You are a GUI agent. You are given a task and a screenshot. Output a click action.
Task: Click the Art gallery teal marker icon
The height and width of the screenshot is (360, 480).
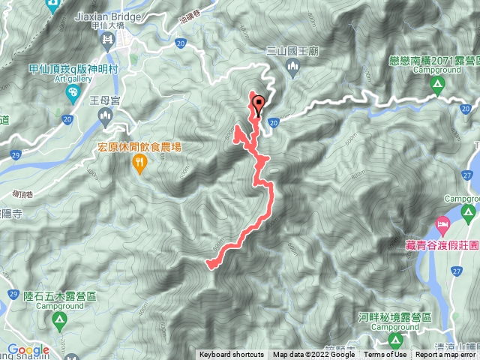pyautogui.click(x=72, y=94)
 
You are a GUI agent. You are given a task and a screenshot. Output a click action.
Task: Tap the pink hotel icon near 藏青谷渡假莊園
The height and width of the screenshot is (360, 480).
pyautogui.click(x=442, y=224)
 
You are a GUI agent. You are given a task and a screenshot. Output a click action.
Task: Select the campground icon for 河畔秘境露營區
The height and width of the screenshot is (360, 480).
pyautogui.click(x=394, y=341)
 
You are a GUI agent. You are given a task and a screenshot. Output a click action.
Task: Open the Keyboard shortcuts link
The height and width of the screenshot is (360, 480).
pyautogui.click(x=232, y=355)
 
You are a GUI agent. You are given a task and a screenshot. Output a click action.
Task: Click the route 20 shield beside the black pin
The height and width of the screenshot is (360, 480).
pyautogui.click(x=273, y=121)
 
